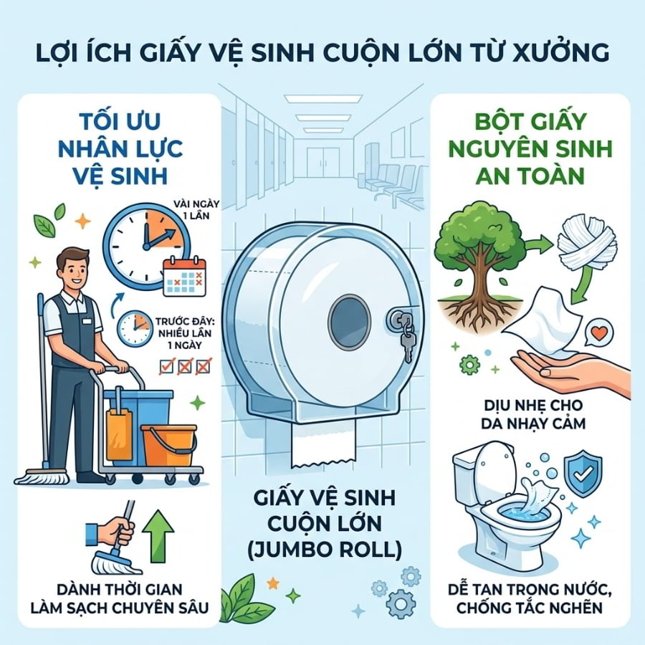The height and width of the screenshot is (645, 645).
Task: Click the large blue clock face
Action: pos(147,247)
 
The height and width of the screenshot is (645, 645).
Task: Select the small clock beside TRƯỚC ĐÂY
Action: pos(135,328)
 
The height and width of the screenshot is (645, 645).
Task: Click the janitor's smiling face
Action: pos(75,271)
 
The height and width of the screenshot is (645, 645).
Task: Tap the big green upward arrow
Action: pos(158,536)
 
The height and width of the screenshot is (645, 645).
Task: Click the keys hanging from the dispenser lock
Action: pos(406,338)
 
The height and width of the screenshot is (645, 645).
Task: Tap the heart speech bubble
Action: pos(599,333)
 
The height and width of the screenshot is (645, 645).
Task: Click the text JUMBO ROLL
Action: pos(325,550)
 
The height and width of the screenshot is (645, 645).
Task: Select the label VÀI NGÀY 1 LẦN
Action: pos(196,210)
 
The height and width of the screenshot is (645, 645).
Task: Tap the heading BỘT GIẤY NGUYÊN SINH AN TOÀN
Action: pos(530,148)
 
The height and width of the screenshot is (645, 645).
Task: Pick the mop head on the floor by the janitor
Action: pos(42,477)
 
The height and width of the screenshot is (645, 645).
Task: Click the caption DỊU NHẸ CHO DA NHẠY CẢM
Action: pos(533,414)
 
